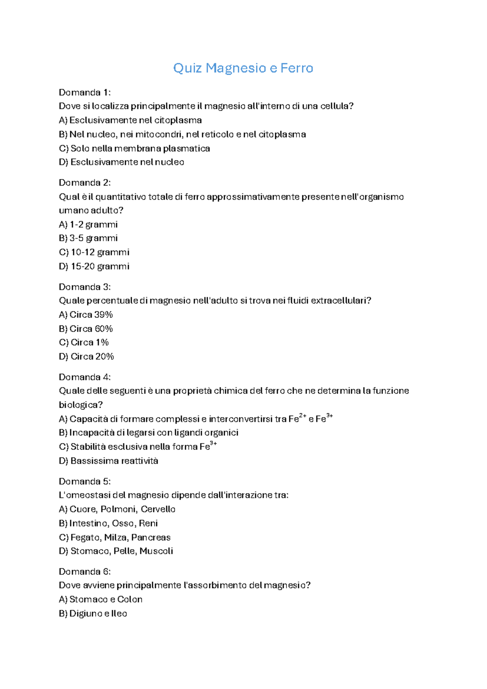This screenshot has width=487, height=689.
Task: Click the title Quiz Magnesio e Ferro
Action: coord(243,68)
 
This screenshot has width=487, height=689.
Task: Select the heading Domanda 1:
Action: coord(84,92)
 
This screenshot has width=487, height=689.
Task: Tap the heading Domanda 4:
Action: coord(84,377)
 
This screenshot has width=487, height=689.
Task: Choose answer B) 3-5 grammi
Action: coord(88,238)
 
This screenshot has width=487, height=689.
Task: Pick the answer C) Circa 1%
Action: coord(84,342)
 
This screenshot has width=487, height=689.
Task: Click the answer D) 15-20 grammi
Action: coord(94,266)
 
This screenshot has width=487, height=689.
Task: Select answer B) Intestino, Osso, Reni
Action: coord(108,523)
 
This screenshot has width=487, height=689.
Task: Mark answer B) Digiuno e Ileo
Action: coord(93,613)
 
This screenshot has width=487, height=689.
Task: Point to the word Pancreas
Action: coord(151,537)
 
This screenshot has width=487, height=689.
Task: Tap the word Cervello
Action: coord(158,509)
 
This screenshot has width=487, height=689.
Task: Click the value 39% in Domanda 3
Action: coord(103,315)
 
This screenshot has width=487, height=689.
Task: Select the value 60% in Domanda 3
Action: coord(103,329)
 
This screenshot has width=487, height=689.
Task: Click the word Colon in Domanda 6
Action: coord(130,599)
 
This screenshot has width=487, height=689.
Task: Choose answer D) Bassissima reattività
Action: coord(108,461)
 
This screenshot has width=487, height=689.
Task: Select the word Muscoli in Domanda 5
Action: coord(156,551)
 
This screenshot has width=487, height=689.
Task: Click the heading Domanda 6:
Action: coord(84,572)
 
